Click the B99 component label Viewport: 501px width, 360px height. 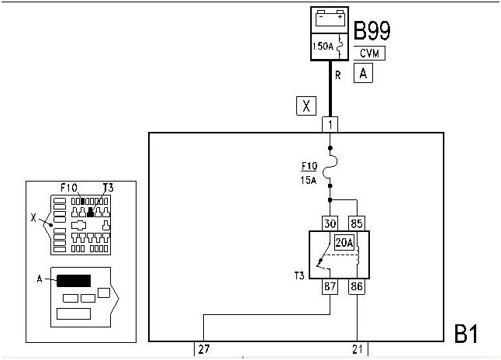tap(372, 30)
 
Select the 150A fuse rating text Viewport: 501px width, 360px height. tap(323, 46)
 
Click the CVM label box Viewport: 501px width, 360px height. tap(368, 54)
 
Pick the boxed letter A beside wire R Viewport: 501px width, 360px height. tap(363, 73)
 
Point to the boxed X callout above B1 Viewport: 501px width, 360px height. tap(306, 106)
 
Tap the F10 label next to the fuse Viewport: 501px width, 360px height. tap(309, 165)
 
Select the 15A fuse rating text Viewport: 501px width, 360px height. tap(309, 180)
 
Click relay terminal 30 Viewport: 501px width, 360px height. tap(331, 223)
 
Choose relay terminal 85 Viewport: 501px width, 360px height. tap(356, 223)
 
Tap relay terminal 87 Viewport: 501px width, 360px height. tap(331, 287)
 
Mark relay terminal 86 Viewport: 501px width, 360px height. tap(356, 287)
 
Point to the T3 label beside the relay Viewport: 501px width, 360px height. tap(299, 275)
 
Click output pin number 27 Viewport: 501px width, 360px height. tap(204, 349)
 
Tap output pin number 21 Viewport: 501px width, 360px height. tap(358, 349)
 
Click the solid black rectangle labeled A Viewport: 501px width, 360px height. tap(74, 280)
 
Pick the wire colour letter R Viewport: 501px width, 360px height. tap(338, 76)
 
